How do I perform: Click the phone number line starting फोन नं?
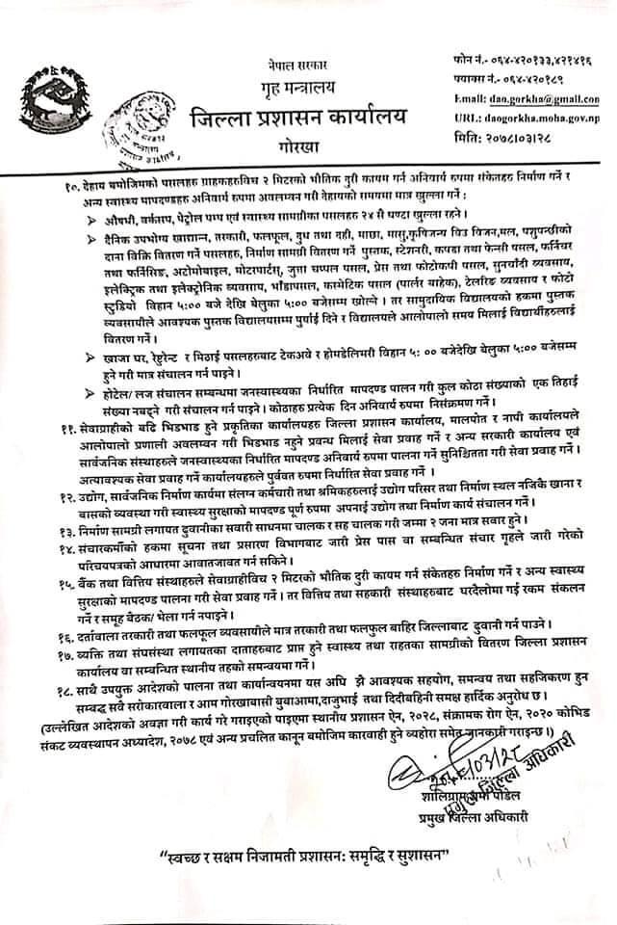click(528, 62)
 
